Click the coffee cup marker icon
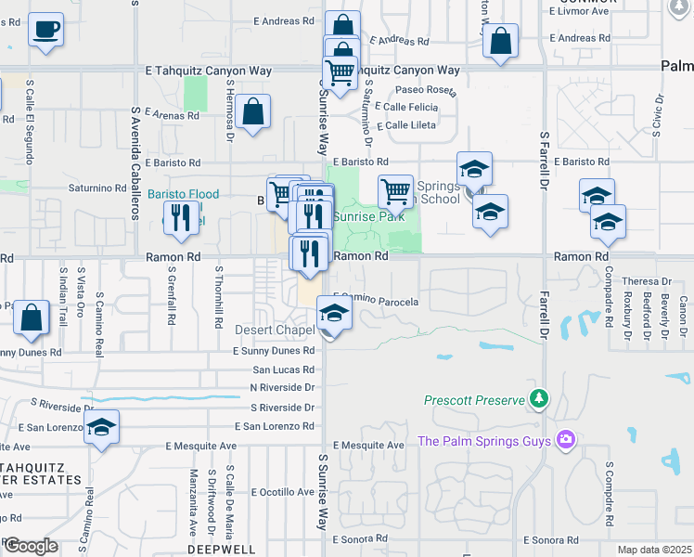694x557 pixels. pos(45,30)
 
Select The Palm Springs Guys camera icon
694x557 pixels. pos(565,439)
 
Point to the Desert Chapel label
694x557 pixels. pos(276,330)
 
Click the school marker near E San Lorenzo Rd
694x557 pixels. pos(102,428)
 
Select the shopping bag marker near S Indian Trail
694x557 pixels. pos(32,317)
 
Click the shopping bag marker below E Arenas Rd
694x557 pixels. pos(252,112)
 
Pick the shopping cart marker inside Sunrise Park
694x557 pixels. pos(396,191)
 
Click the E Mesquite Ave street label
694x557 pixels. pos(370,445)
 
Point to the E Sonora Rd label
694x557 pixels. pos(550,539)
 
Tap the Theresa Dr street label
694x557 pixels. pos(647,280)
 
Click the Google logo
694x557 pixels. pos(31,546)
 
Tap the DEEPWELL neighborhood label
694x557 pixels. pos(216,549)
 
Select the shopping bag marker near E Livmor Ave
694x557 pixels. pos(500,41)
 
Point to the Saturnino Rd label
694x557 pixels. pos(96,188)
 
